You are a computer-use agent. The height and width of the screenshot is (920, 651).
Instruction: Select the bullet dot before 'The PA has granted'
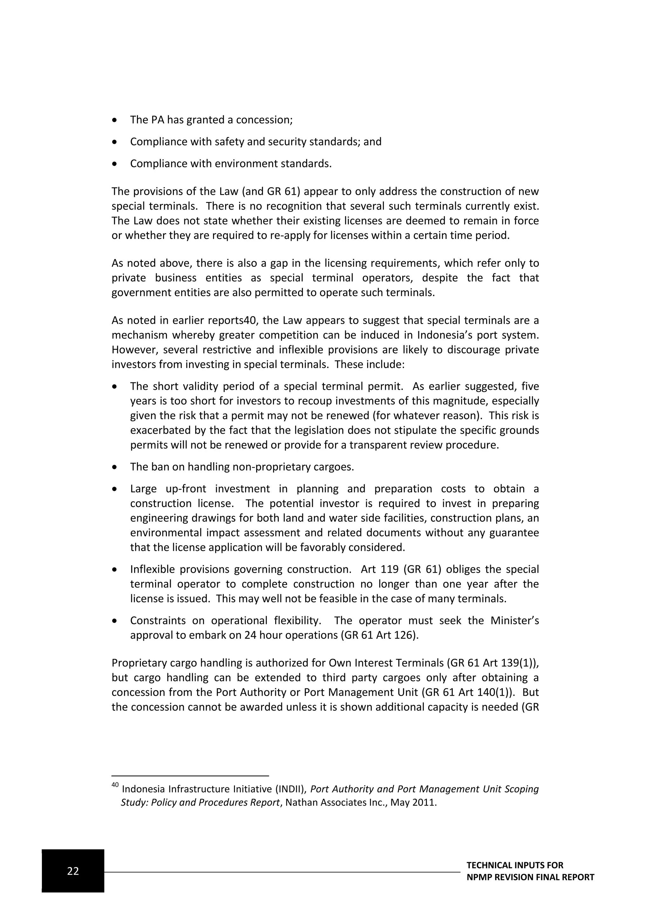[115, 120]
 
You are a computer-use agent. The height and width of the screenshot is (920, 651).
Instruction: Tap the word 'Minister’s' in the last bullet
[514, 621]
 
